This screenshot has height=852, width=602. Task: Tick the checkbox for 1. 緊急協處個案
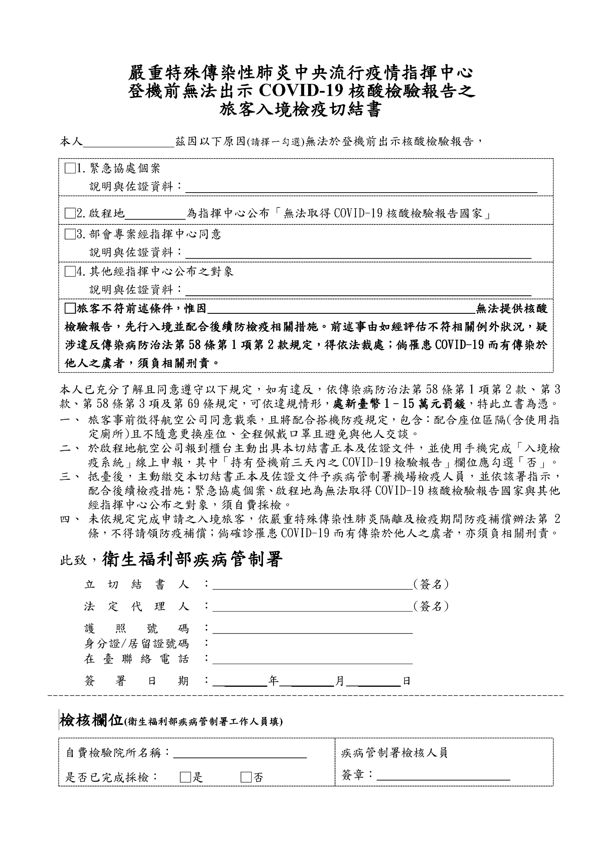(x=70, y=169)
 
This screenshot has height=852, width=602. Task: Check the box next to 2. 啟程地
(x=70, y=214)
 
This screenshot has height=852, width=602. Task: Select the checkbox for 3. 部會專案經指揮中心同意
(x=70, y=235)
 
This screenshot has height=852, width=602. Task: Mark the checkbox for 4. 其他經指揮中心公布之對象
(x=70, y=271)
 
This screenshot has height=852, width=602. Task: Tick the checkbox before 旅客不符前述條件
(x=70, y=308)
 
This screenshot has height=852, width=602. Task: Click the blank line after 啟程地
(x=155, y=214)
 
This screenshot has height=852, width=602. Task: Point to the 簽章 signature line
(x=443, y=775)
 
